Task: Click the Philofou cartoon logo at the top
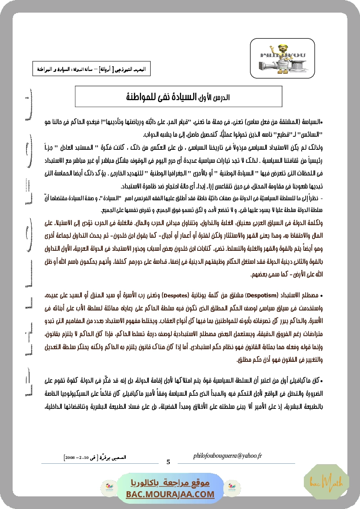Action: tap(283, 55)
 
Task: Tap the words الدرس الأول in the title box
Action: tap(217, 98)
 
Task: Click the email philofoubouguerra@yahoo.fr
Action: tap(227, 456)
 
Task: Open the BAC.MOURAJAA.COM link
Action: tap(171, 494)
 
